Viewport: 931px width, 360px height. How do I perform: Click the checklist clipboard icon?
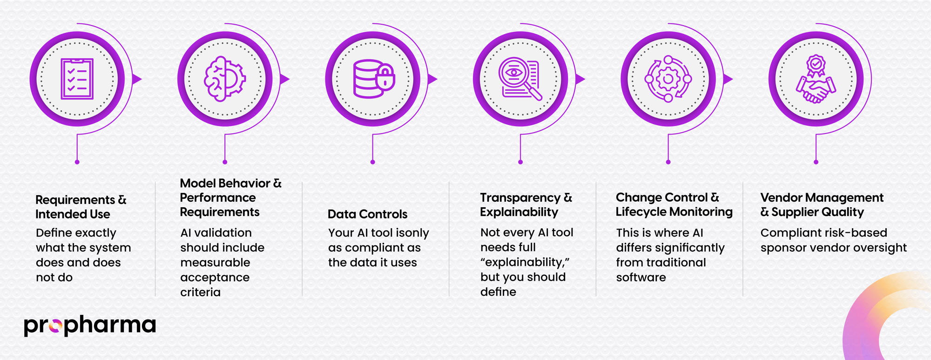pyautogui.click(x=77, y=79)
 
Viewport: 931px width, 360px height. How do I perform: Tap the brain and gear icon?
pyautogui.click(x=225, y=79)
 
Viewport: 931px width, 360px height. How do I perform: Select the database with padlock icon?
pyautogui.click(x=373, y=79)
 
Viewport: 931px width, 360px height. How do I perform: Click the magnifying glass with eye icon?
pyautogui.click(x=520, y=79)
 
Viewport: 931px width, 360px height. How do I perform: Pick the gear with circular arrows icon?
pyautogui.click(x=668, y=79)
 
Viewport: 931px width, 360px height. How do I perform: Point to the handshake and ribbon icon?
pyautogui.click(x=816, y=79)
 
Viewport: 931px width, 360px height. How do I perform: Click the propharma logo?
pyautogui.click(x=90, y=326)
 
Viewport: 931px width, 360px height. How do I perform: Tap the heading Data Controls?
pyautogui.click(x=367, y=214)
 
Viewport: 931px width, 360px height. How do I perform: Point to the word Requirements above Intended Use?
pyautogui.click(x=75, y=200)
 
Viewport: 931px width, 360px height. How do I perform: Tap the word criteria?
pyautogui.click(x=200, y=292)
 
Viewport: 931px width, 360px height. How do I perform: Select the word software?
pyautogui.click(x=641, y=278)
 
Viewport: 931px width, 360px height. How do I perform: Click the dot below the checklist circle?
pyautogui.click(x=77, y=162)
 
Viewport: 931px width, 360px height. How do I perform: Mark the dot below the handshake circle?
pyautogui.click(x=816, y=162)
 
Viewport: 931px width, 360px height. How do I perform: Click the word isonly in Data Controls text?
pyautogui.click(x=412, y=233)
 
